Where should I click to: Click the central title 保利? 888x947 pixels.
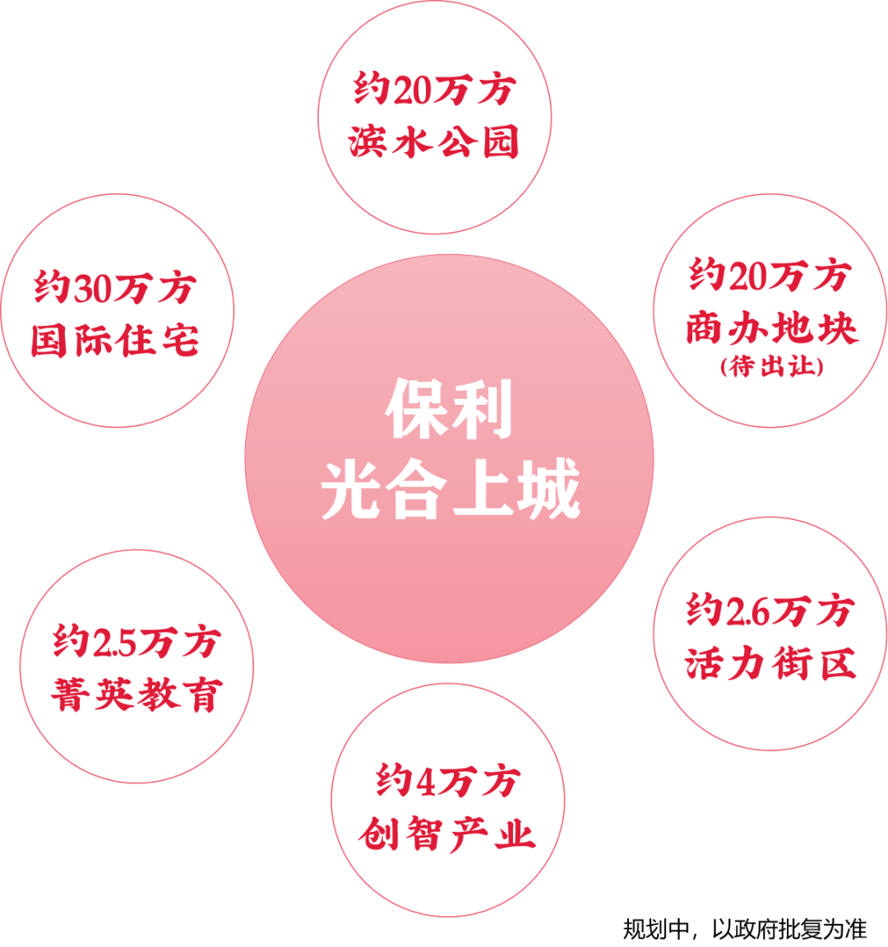tap(450, 409)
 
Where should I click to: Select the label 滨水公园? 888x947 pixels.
tap(433, 142)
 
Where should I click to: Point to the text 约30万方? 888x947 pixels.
tap(115, 288)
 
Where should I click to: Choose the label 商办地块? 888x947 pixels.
tap(771, 328)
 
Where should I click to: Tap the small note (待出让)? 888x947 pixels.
tap(771, 366)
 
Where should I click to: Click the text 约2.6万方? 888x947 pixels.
tap(770, 610)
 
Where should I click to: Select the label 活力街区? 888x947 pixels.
tap(770, 663)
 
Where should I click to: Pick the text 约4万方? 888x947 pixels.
tap(448, 781)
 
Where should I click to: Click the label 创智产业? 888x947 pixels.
tap(448, 834)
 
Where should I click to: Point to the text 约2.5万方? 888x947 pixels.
tap(136, 642)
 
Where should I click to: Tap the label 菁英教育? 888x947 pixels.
tap(136, 695)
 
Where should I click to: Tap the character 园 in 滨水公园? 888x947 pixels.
tap(498, 142)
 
